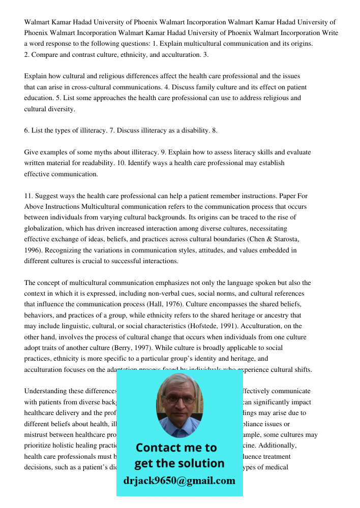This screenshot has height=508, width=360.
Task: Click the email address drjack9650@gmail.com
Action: click(x=179, y=481)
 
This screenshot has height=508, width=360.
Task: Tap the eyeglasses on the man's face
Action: click(x=179, y=399)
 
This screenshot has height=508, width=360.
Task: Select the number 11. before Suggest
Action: click(x=29, y=196)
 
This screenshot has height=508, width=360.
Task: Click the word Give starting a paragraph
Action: click(x=31, y=152)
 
